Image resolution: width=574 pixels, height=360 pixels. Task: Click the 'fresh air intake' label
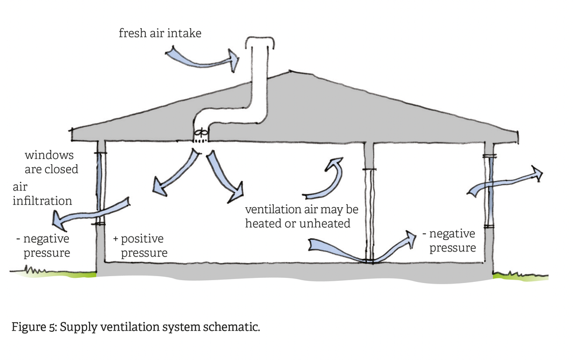coord(160,33)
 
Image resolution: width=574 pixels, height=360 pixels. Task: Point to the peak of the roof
coord(293,72)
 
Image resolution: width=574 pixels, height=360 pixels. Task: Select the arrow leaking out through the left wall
coord(89,210)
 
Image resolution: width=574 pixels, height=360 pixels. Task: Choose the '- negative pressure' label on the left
coord(42,245)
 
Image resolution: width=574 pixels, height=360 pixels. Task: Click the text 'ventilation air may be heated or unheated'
coord(301,216)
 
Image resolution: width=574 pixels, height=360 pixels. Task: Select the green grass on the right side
coord(519,277)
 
